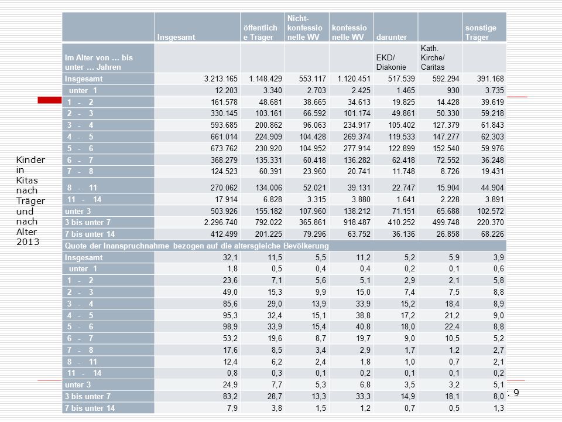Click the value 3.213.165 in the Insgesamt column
[221, 79]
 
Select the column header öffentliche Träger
[260, 32]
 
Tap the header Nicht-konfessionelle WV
[304, 28]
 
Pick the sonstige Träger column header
[481, 32]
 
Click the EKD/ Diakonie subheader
[391, 62]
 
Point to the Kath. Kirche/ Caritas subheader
[433, 57]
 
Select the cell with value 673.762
[224, 148]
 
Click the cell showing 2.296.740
[221, 222]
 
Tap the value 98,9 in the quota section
[230, 326]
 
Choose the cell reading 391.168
[491, 79]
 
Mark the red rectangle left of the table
[50, 100]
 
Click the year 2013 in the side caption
[28, 242]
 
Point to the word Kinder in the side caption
[30, 159]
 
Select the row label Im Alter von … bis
[98, 57]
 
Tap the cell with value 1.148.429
[266, 79]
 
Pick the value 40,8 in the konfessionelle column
[363, 326]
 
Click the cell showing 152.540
[446, 148]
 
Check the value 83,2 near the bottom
[230, 396]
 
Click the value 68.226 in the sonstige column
[492, 234]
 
